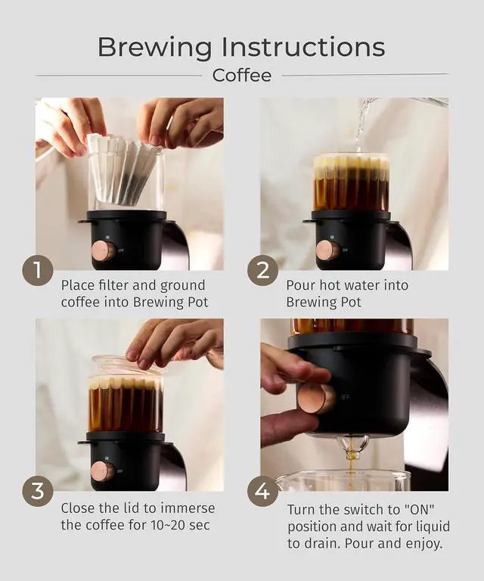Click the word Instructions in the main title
(x=303, y=46)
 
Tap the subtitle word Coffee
(x=242, y=75)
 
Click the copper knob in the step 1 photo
(x=103, y=250)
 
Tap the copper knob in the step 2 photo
(x=327, y=250)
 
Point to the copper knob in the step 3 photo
(x=103, y=471)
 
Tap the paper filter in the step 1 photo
(x=123, y=169)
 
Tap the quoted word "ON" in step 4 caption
(x=417, y=509)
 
